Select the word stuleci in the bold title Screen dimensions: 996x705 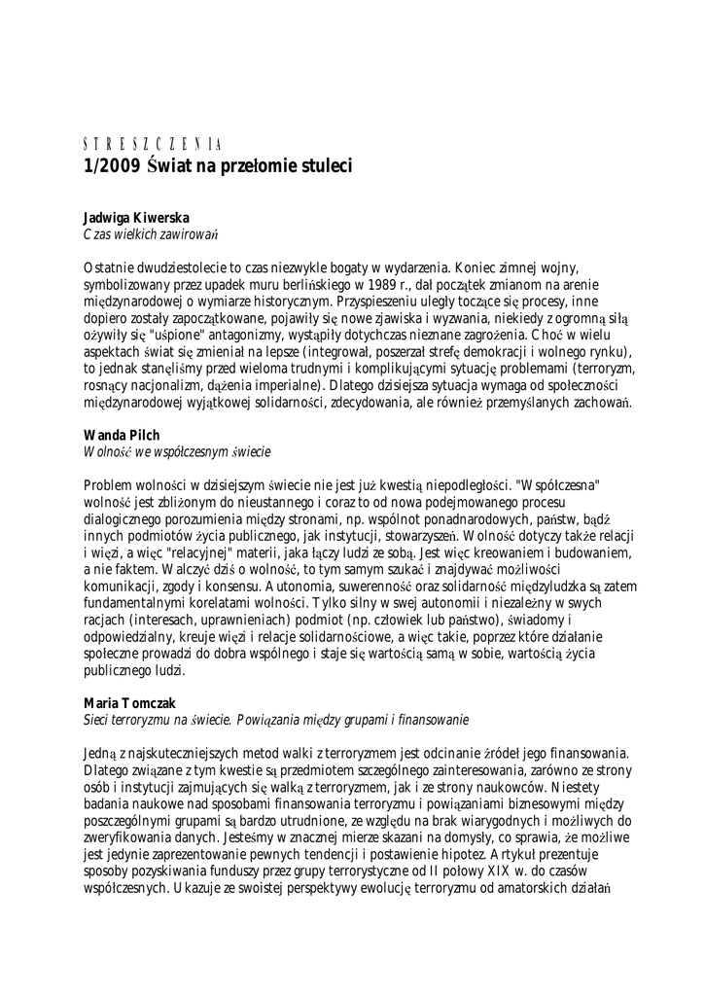[323, 165]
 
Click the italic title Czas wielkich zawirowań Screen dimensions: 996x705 [149, 236]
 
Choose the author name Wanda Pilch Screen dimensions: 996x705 [122, 437]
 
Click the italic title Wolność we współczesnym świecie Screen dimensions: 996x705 [176, 453]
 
